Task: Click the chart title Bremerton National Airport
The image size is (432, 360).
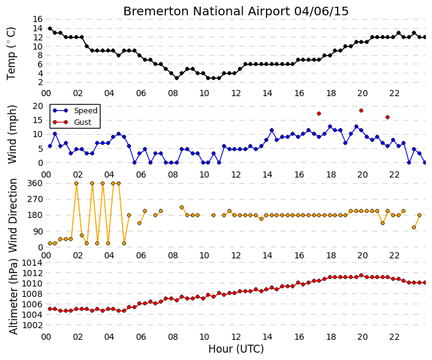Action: tap(207, 12)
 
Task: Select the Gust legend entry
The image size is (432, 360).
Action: tap(72, 122)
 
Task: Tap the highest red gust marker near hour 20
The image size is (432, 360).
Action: tap(361, 111)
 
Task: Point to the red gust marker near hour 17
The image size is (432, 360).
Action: tap(319, 114)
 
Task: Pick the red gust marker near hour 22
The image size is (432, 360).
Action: tap(387, 118)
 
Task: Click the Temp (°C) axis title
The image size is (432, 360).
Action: tap(11, 54)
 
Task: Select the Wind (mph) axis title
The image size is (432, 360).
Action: tap(12, 134)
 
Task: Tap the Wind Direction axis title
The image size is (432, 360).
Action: tap(13, 216)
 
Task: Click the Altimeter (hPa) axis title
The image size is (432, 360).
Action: tap(13, 297)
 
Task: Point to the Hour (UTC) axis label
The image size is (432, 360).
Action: tap(236, 349)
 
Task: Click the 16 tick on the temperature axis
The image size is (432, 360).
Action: tap(37, 19)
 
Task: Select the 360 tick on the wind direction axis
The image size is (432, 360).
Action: tap(35, 183)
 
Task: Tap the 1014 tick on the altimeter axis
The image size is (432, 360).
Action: tap(32, 263)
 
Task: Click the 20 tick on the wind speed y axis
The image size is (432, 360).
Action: tap(37, 107)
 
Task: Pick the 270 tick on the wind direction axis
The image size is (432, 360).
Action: tap(35, 199)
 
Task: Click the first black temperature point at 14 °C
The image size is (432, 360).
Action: tap(50, 28)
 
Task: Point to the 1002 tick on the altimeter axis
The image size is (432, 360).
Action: tap(32, 325)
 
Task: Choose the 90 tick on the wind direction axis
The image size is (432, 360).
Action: tap(37, 231)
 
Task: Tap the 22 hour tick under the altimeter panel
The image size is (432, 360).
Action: tap(394, 337)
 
